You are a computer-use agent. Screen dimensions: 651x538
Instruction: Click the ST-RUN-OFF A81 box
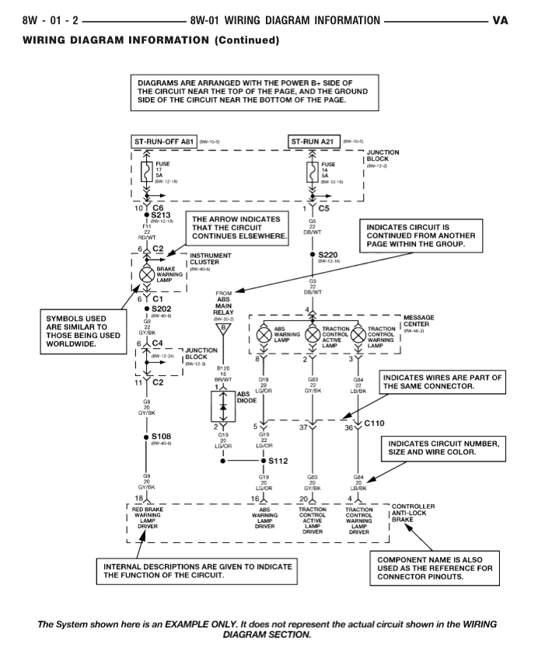(x=164, y=142)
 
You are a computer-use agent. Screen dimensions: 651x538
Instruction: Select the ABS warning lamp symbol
(x=264, y=336)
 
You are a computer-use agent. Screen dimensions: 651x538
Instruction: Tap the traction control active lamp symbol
(x=313, y=336)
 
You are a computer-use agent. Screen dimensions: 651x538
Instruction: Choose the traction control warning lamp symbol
(x=358, y=336)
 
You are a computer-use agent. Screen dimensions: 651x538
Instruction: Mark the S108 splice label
(x=162, y=437)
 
